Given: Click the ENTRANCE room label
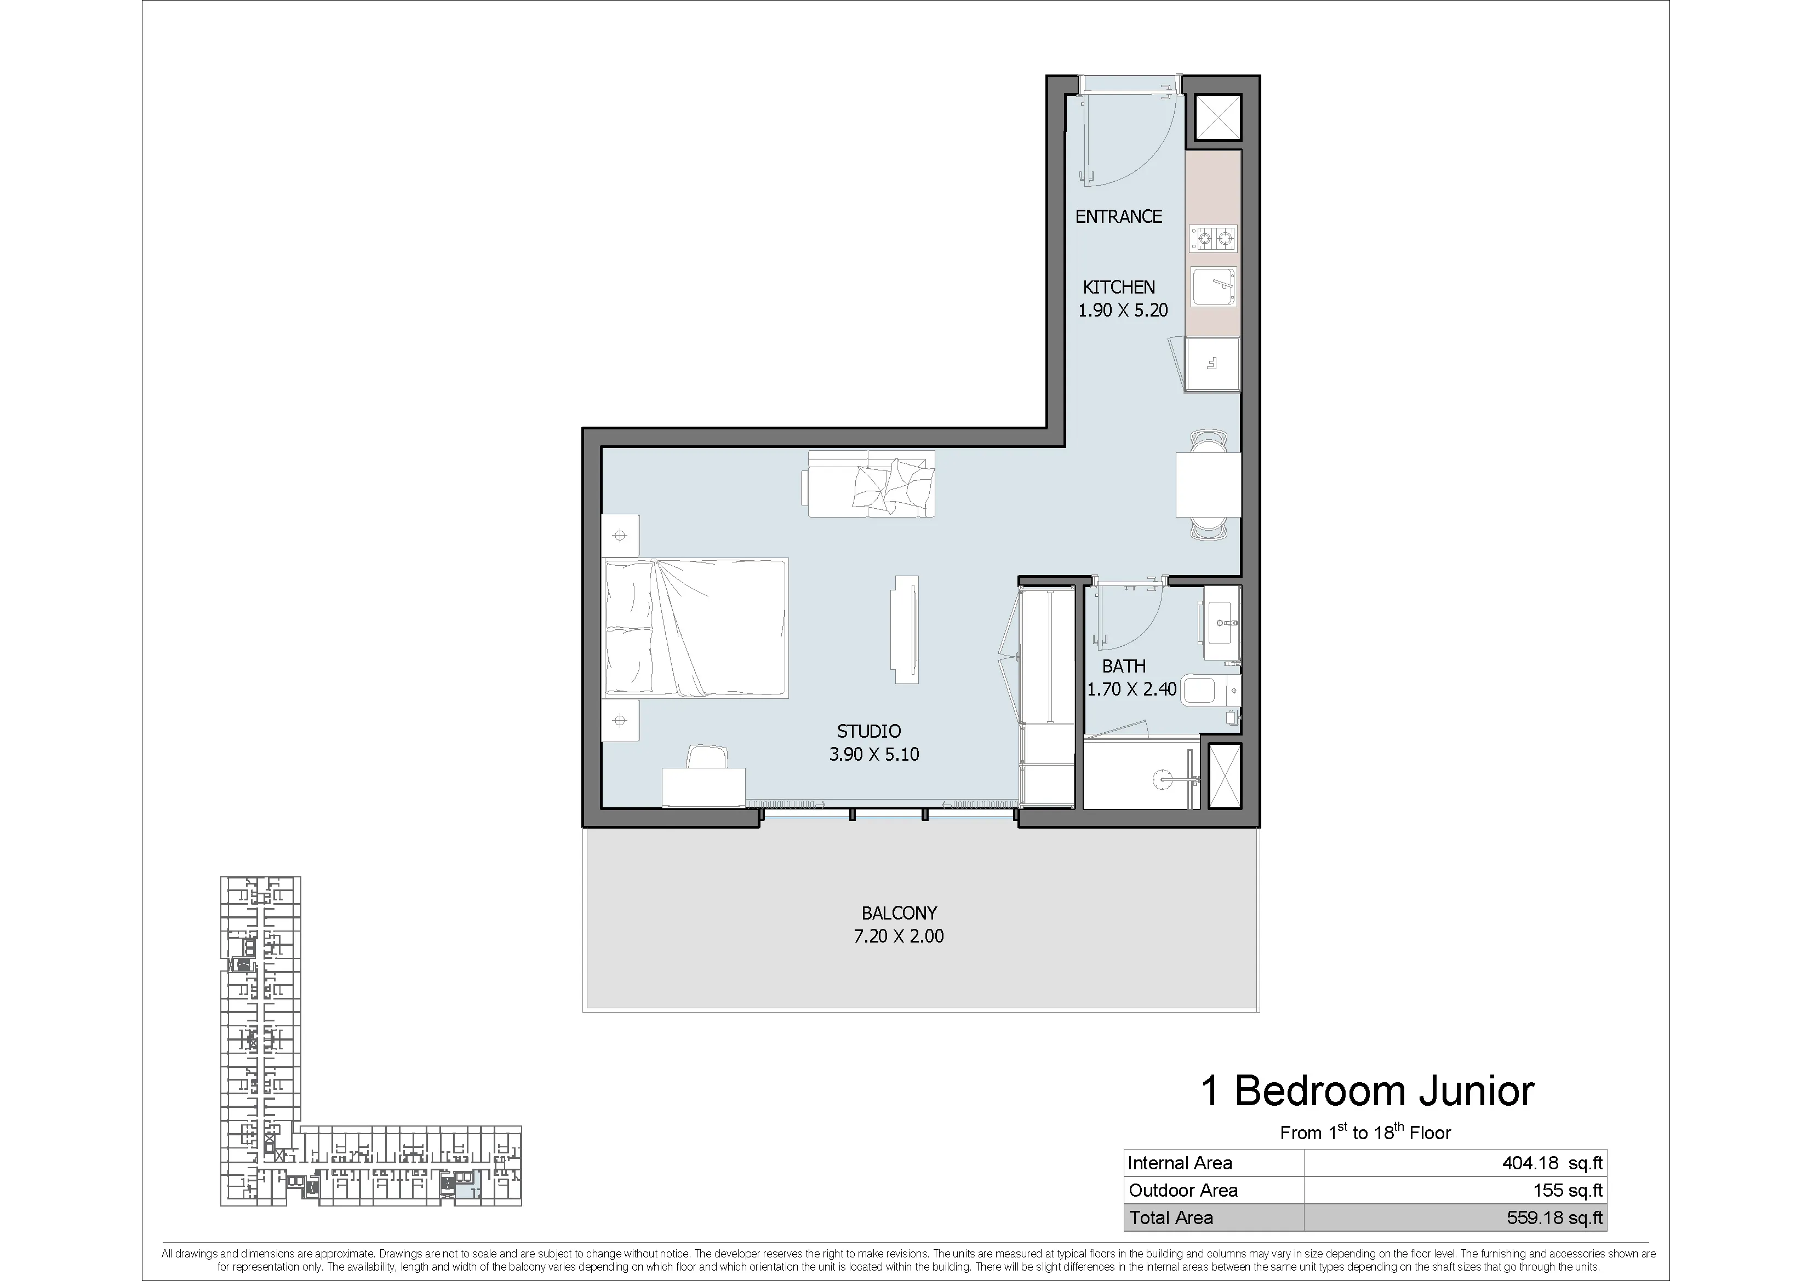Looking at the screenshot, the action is coord(1118,216).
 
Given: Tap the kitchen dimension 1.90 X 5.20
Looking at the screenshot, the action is coord(1123,310).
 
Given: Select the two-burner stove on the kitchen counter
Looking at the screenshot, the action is coord(1214,238).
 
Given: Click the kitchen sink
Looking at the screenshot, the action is coord(1214,286).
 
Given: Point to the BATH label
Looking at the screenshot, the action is coord(1124,666).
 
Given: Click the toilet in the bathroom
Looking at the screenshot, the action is coord(1214,691).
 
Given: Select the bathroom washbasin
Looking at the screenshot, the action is coord(1222,623).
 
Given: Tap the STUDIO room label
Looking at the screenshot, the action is coord(868,732).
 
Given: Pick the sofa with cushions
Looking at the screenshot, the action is coord(868,483).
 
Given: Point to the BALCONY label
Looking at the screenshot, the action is coord(899,913).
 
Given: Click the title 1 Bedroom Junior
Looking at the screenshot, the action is coord(1368,1091).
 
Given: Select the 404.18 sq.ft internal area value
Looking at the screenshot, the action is coord(1552,1163).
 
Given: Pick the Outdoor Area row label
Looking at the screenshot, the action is coord(1183,1190).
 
